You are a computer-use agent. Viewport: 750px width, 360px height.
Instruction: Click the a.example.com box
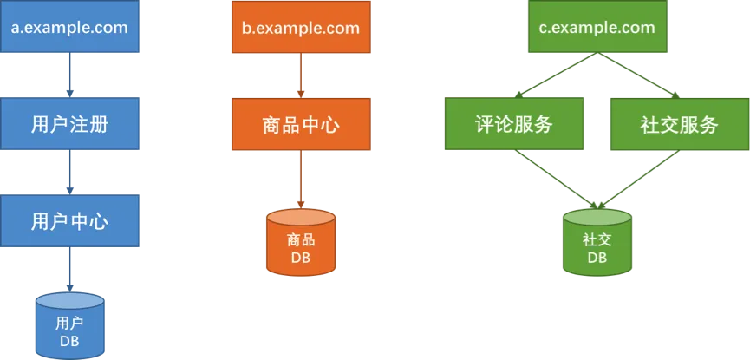(x=69, y=28)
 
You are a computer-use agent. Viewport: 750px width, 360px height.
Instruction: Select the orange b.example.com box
(x=300, y=28)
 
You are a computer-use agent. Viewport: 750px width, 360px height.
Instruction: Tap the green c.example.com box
(x=597, y=28)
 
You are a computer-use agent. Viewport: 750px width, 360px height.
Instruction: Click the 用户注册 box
(x=69, y=124)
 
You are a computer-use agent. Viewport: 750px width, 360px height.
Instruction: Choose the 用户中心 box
(x=69, y=220)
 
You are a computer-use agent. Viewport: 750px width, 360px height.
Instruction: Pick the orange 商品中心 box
(x=300, y=124)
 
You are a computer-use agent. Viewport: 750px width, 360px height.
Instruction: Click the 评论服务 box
(x=514, y=124)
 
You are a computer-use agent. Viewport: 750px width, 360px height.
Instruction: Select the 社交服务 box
(x=679, y=124)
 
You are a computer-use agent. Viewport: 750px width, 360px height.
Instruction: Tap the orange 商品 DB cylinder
(x=300, y=242)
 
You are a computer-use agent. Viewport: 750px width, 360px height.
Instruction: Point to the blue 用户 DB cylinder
(x=69, y=325)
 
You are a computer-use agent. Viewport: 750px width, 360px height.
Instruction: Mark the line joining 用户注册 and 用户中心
(x=69, y=173)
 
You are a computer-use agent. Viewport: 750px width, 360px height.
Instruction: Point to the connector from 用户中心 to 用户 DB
(x=69, y=270)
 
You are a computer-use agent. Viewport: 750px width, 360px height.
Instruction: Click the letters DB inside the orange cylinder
(x=300, y=258)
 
